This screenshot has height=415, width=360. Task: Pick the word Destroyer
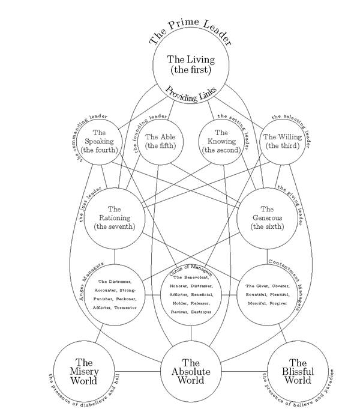point(207,312)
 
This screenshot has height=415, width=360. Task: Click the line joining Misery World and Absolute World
point(137,371)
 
